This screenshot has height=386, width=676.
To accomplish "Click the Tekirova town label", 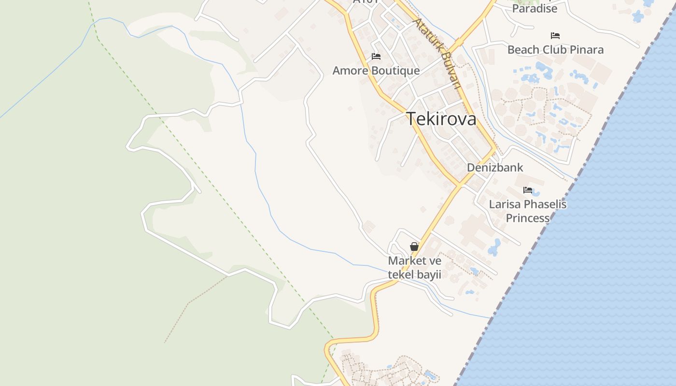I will pos(441,119).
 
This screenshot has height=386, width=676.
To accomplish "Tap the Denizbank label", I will pos(495,167).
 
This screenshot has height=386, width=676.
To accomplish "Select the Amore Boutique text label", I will pos(376,70).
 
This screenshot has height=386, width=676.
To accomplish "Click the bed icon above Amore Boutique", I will pos(376,57).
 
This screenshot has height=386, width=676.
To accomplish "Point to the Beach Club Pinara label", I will pos(555,50).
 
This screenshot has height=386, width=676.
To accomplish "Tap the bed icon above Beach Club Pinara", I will pos(555,36).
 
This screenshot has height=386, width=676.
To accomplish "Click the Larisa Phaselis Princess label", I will pos(528,211).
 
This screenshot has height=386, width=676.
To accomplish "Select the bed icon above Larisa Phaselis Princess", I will pos(528,190).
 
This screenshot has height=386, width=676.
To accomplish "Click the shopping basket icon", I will pos(414,247).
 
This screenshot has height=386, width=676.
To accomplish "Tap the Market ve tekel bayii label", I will pos(415,268).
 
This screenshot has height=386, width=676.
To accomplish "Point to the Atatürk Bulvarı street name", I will pos(437,54).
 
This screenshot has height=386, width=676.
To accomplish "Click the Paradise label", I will pos(535,8).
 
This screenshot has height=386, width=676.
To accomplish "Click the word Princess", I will pos(528,218).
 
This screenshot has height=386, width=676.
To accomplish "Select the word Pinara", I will pos(586,50).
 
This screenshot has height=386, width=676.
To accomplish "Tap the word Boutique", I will pos(396,70).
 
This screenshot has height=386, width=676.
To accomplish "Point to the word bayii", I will pos(430,275).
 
